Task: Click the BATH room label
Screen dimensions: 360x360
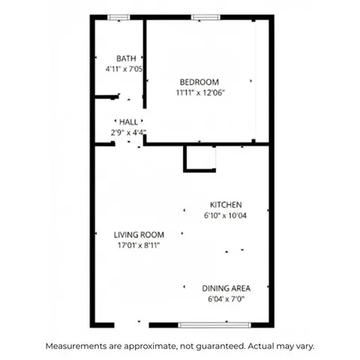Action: coord(125,58)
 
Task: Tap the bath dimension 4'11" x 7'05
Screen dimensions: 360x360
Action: coord(124,69)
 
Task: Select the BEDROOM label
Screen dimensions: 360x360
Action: coord(199,82)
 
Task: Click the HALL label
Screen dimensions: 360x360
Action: coord(128,121)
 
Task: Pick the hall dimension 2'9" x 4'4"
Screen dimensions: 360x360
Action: coord(126,133)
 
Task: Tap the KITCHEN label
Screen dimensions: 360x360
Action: coord(225,205)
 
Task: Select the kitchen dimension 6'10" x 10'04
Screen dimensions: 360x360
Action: coord(225,215)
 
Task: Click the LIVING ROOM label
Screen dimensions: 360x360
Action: coord(139,234)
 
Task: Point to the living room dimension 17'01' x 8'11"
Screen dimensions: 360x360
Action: coord(138,244)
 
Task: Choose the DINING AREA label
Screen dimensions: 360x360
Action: coord(226,288)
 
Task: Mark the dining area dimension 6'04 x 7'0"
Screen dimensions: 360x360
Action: coord(225,298)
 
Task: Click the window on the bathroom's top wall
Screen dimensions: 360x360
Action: coord(118,17)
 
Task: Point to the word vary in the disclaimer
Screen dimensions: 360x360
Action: coord(304,346)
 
